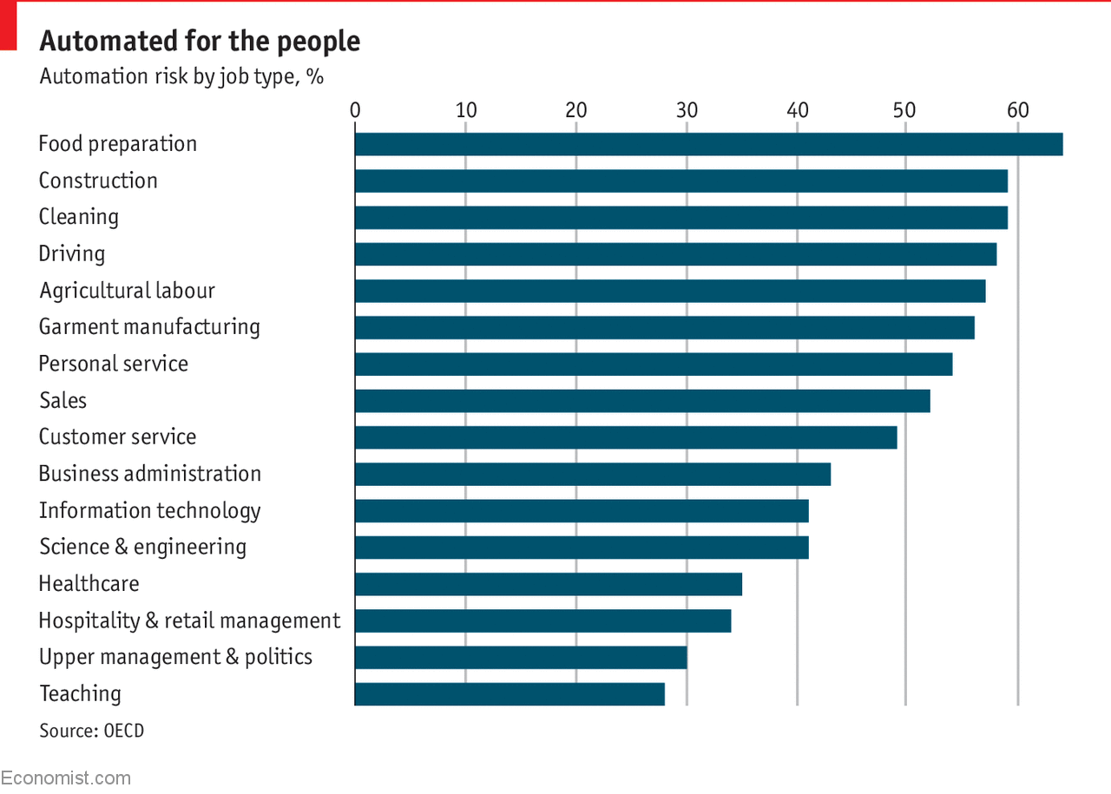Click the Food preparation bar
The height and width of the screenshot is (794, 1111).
click(708, 144)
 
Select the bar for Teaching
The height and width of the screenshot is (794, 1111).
click(509, 694)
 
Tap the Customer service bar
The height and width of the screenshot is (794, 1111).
click(626, 437)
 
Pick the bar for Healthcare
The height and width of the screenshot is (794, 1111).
click(549, 584)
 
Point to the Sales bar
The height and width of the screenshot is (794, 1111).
click(642, 401)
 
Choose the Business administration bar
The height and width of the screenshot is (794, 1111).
click(593, 474)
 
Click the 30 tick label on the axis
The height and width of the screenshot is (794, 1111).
click(687, 111)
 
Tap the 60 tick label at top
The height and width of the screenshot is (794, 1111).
click(1017, 111)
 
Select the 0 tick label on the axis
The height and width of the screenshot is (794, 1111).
click(355, 111)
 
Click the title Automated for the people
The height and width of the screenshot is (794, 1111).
click(200, 42)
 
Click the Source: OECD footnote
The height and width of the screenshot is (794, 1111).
click(92, 731)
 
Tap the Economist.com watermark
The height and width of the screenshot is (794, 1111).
click(66, 778)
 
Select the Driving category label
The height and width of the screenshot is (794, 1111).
click(72, 254)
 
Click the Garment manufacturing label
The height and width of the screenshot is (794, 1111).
click(149, 327)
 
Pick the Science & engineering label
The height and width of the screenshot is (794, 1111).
click(142, 547)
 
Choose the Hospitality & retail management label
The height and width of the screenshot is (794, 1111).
click(189, 620)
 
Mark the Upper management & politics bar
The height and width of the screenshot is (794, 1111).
click(521, 658)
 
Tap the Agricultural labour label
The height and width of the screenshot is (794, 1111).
click(127, 291)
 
